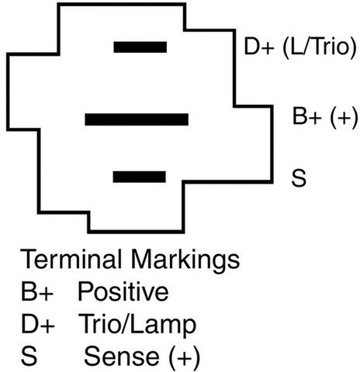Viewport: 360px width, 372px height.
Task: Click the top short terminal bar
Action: [140, 47]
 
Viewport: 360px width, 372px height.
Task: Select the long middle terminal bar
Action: [137, 119]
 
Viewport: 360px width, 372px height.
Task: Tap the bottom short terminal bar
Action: [140, 177]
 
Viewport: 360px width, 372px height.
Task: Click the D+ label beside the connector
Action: [259, 46]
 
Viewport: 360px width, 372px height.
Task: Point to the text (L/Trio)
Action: [320, 47]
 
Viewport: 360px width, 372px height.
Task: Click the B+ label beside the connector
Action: [307, 116]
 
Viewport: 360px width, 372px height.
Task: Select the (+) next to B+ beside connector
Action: [344, 118]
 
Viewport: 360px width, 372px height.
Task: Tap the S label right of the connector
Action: [299, 178]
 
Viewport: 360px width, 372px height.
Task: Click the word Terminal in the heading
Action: [71, 259]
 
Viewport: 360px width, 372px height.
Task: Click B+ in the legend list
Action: [37, 292]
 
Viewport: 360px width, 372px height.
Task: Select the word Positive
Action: [123, 291]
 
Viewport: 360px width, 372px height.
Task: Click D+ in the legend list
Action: [38, 324]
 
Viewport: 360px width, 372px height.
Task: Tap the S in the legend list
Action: [29, 356]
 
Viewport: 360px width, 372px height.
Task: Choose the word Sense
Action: [122, 356]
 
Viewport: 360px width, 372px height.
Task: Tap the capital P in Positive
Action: [85, 292]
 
